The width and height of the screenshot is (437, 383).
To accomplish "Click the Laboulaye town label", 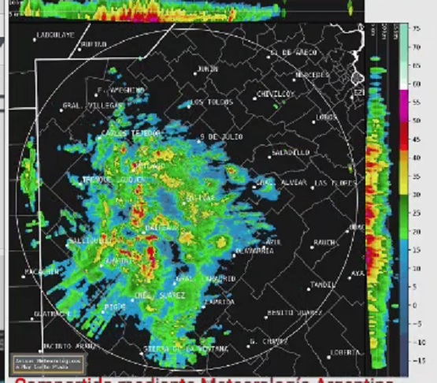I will pos(55,35).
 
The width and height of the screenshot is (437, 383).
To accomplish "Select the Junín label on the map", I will pos(208,69).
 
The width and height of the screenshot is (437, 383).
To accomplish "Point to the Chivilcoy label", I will pos(275,95).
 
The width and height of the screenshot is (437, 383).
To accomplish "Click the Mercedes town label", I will pos(312,75).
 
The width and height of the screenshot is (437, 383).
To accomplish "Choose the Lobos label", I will pos(326,117).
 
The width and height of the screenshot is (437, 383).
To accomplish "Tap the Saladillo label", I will pos(289,151).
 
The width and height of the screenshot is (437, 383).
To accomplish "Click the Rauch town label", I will pos(324,242).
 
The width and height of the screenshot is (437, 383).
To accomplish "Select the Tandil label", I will pos(323,284).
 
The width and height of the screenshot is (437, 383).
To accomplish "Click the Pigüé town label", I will pos(116,305).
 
